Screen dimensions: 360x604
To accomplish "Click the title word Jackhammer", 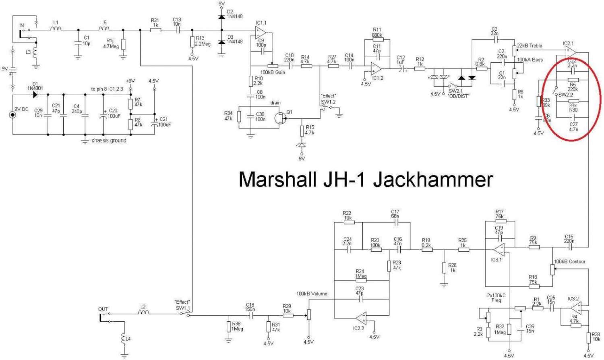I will point(433,179).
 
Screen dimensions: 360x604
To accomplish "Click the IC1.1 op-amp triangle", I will point(261,32).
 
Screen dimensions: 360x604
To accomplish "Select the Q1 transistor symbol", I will point(280,118).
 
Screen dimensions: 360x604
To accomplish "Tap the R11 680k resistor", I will point(377,40).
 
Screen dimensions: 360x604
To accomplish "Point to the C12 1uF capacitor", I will point(401,69).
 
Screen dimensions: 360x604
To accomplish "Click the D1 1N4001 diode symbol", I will point(35,95).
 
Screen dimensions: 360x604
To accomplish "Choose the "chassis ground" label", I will point(109,140).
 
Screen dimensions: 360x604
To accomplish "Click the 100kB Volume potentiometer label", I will point(312,294).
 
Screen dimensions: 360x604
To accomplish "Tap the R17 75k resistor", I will point(499,221).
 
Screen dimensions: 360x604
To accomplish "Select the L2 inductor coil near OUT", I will point(143,312).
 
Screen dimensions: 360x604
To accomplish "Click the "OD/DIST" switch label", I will point(458,96).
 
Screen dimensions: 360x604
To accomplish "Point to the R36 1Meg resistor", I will point(229,327).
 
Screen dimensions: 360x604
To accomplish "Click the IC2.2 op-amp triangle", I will point(361,318).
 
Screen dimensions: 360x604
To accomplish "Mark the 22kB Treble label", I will point(530,46).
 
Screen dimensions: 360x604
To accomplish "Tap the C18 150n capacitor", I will point(250,316).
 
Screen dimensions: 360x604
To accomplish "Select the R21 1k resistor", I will point(155,29).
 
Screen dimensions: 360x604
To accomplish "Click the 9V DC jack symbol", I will point(13,115).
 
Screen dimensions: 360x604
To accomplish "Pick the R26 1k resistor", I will point(444,268).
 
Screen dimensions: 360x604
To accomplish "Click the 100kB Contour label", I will point(569,261).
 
